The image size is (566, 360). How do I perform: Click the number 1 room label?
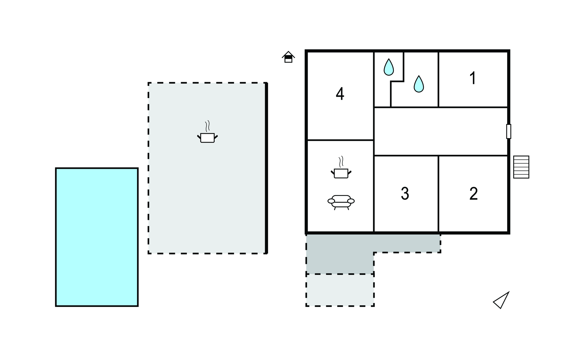point(473,78)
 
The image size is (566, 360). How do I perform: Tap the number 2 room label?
point(473,193)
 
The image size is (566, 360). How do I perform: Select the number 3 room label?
point(405,193)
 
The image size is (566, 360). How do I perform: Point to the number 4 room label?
point(340,94)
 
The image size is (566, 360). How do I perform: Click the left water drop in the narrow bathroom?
point(389,67)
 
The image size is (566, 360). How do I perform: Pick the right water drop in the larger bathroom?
point(419,84)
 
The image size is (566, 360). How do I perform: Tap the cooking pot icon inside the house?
point(341,167)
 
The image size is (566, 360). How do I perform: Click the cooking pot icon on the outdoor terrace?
point(207,132)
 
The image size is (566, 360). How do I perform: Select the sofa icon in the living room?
point(341,202)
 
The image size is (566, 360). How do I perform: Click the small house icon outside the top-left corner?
point(288,57)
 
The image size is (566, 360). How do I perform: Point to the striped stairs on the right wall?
point(521,167)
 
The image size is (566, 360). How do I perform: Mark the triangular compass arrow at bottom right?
point(501,300)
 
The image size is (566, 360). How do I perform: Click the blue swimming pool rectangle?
point(97,237)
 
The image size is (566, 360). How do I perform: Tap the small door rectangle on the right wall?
point(509,132)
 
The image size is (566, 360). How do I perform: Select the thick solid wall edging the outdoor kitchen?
point(266,168)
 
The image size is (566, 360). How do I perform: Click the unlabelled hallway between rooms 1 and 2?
point(441,132)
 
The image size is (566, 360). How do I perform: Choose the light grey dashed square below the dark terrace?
point(340,290)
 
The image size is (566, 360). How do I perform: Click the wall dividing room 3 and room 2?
point(438,194)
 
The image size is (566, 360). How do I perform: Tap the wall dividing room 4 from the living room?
point(340,140)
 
